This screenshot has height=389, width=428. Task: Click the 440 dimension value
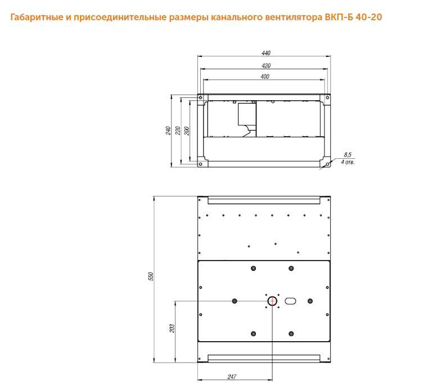click(266, 53)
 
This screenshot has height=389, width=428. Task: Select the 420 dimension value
click(266, 65)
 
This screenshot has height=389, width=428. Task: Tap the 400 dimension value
click(265, 77)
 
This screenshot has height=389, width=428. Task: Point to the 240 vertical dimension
click(168, 131)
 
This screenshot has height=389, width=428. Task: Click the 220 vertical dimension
click(178, 131)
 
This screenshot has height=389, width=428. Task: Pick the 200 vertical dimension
click(187, 131)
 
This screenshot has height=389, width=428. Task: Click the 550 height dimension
click(151, 276)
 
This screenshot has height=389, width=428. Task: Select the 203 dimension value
click(172, 328)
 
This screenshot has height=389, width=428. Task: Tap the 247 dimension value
click(232, 377)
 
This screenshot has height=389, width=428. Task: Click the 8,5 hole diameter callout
click(348, 155)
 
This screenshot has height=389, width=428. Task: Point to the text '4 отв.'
click(348, 162)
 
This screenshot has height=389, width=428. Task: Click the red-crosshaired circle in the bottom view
click(272, 301)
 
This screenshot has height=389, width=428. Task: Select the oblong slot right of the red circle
click(290, 301)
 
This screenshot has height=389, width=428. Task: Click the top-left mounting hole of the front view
click(200, 97)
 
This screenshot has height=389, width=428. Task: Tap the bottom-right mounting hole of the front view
click(327, 164)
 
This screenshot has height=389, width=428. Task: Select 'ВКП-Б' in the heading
click(339, 17)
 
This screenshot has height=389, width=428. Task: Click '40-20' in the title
click(368, 17)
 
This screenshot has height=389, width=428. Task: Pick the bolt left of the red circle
click(234, 301)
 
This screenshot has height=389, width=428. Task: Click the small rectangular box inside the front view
click(247, 114)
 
